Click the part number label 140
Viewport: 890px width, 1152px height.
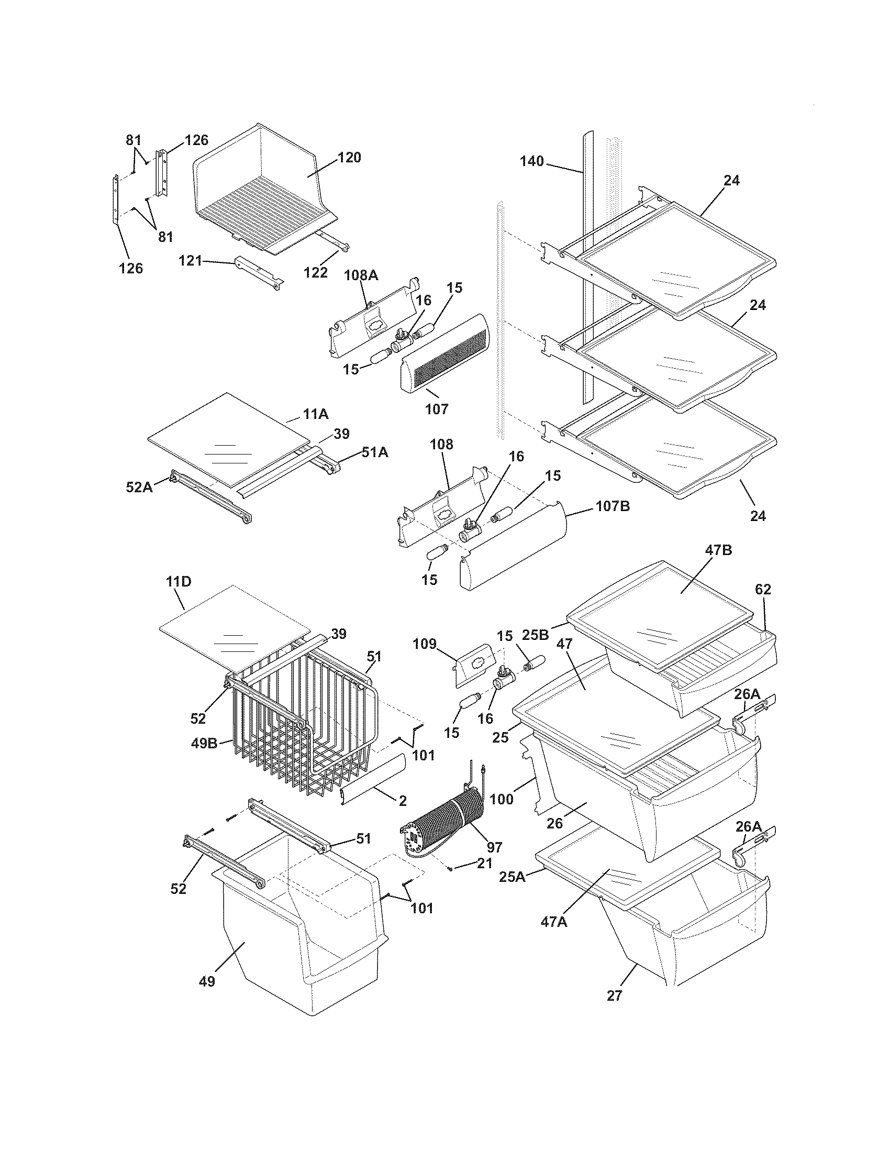(x=531, y=161)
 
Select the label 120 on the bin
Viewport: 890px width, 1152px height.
(x=350, y=157)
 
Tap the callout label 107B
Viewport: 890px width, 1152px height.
(x=613, y=506)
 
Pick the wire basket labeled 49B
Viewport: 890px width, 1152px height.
(x=295, y=738)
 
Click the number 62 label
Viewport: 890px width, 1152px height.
(x=763, y=589)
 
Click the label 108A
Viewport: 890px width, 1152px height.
(x=362, y=275)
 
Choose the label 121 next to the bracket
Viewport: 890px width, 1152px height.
(x=191, y=261)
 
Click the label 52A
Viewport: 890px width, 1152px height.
(x=139, y=487)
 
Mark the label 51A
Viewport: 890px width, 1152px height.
(x=374, y=452)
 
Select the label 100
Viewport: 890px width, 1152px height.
(x=501, y=799)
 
